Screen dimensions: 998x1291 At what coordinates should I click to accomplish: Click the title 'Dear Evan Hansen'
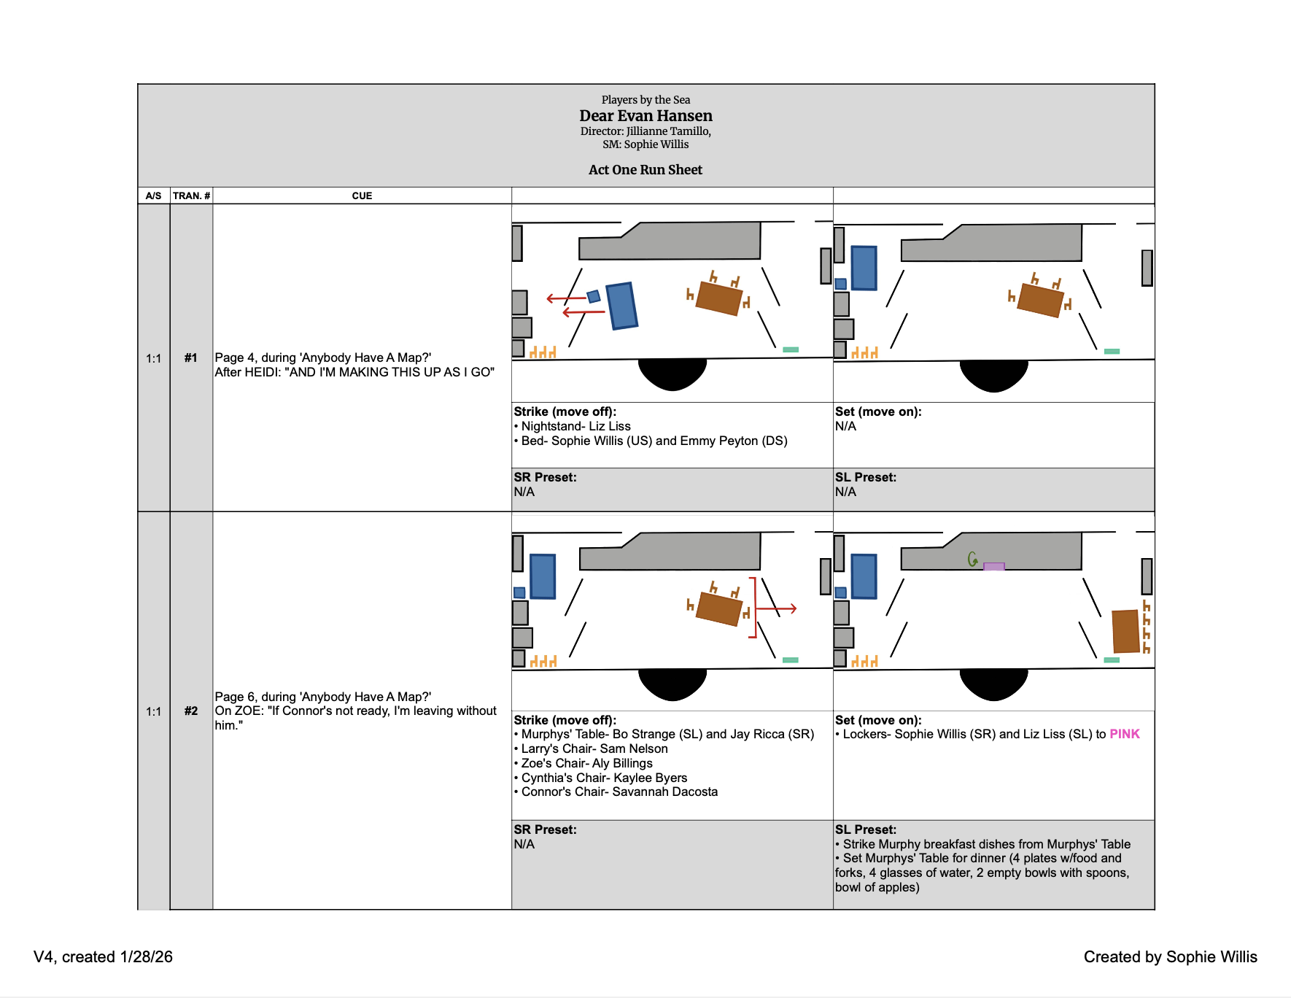tap(645, 116)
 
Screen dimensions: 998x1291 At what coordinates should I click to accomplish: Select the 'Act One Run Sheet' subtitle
tap(645, 170)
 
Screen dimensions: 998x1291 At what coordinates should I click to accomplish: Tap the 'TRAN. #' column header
tap(191, 196)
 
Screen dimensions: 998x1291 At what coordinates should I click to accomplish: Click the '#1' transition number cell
tap(190, 358)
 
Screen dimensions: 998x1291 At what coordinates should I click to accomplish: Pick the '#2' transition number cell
tap(190, 711)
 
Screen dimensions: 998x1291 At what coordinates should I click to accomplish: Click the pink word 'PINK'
tap(1124, 735)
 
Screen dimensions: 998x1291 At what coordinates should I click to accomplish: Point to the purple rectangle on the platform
tap(993, 566)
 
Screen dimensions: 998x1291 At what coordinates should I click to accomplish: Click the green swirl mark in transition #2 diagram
tap(972, 560)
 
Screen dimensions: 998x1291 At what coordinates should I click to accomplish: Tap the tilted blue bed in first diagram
tap(622, 306)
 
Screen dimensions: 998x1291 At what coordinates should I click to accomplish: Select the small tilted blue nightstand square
tap(594, 296)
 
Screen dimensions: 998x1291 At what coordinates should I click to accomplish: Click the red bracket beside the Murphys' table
tap(754, 608)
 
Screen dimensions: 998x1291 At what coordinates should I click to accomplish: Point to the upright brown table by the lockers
tap(1125, 631)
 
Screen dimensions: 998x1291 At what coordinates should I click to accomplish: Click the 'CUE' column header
tap(362, 196)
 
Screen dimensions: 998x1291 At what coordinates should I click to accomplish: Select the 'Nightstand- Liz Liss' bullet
tap(575, 427)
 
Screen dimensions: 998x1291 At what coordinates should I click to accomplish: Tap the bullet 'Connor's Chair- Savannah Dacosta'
tap(619, 792)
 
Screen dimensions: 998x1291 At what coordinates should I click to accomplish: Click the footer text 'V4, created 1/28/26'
tap(103, 957)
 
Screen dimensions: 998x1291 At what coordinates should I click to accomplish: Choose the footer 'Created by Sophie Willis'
tap(1170, 957)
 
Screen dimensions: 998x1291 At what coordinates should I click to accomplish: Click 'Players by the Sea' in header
tap(645, 100)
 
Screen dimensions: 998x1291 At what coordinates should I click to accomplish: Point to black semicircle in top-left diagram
tap(672, 373)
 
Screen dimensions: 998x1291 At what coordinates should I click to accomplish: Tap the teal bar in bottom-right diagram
tap(1112, 660)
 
